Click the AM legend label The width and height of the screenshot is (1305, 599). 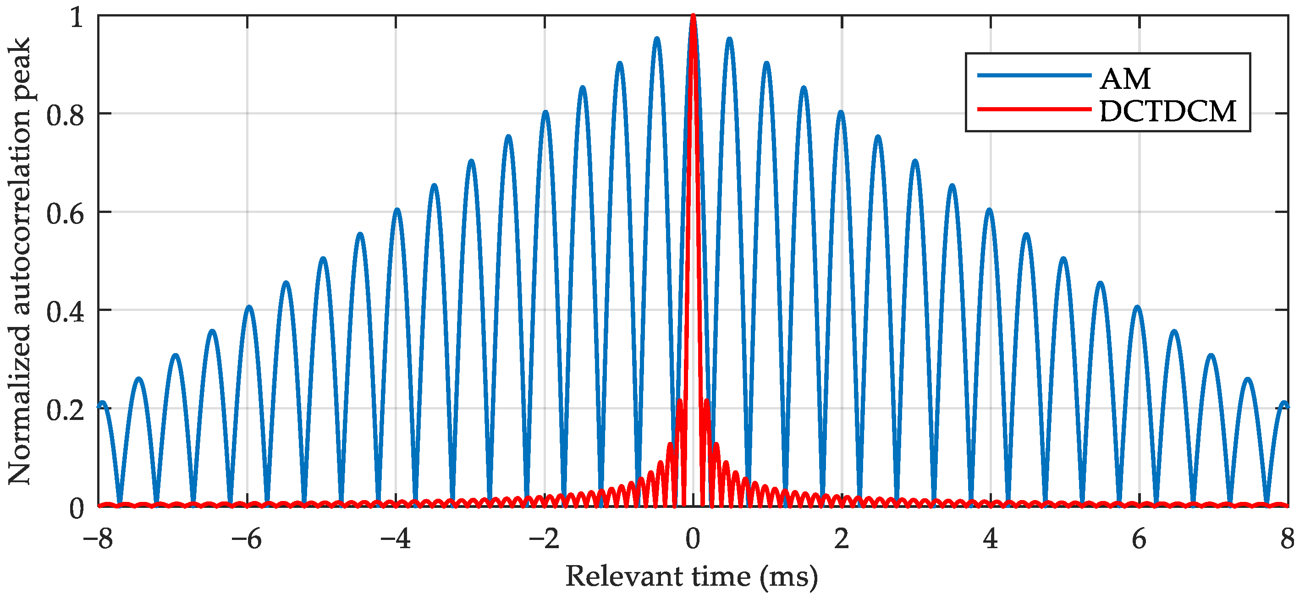(x=1125, y=79)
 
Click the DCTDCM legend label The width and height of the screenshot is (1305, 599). (x=1167, y=111)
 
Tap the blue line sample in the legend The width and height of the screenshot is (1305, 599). (x=1034, y=76)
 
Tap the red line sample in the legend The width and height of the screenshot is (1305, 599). (x=1034, y=109)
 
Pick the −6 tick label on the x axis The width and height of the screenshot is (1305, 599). (x=247, y=540)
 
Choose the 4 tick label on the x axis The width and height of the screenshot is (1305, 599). (x=991, y=540)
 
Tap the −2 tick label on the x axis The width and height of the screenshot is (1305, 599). (x=544, y=540)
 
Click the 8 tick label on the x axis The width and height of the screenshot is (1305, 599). (x=1287, y=540)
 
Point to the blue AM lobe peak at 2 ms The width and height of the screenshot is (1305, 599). (x=841, y=112)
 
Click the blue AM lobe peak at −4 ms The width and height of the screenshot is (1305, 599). (x=396, y=210)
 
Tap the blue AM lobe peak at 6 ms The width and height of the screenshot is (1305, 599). (x=1138, y=307)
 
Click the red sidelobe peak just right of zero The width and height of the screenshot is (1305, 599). (x=706, y=401)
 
